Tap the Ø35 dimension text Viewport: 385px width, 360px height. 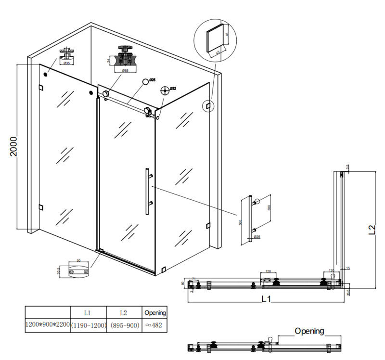click(x=66, y=63)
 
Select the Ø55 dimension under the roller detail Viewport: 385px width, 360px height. click(x=124, y=71)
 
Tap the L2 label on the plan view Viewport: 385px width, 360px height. click(x=372, y=230)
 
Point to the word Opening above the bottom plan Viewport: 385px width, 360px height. click(x=309, y=331)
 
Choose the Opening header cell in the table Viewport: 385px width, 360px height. click(x=155, y=313)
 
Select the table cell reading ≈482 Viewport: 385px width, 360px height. click(x=155, y=326)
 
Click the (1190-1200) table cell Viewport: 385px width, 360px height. click(x=88, y=326)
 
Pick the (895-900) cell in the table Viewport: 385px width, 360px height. click(x=124, y=326)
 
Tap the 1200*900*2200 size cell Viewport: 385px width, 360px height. click(x=48, y=326)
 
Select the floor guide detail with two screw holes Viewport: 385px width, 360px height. click(x=78, y=271)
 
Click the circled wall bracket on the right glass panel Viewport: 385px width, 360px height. click(x=208, y=105)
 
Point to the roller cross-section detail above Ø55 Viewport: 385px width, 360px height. click(x=125, y=57)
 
